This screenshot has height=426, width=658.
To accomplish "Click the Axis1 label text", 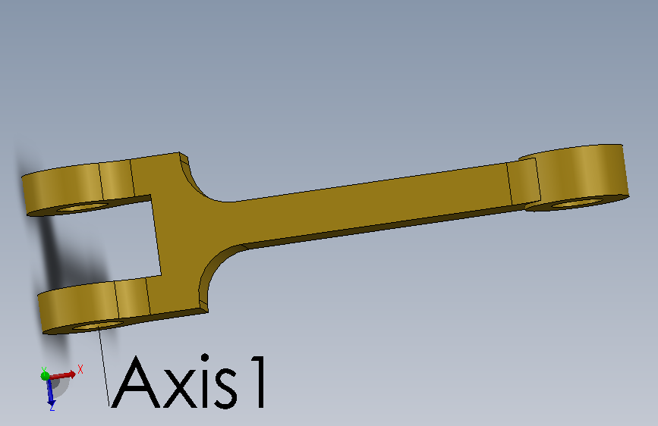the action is click(x=189, y=381).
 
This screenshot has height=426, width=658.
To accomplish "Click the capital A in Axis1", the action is click(x=136, y=382).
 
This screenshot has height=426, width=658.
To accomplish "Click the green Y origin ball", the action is click(x=45, y=375).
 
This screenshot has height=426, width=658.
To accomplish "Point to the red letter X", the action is click(x=80, y=369).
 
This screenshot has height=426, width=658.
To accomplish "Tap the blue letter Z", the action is click(x=52, y=407).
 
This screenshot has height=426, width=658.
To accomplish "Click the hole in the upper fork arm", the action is click(x=83, y=206).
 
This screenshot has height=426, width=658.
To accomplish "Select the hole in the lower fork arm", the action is click(x=98, y=325).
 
